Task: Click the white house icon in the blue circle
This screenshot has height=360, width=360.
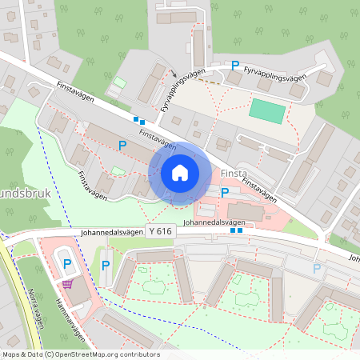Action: (179, 173)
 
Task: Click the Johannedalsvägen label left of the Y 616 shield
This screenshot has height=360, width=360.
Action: (113, 234)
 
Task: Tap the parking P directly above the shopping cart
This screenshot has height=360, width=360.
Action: (67, 263)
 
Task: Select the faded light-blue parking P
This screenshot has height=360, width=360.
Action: (318, 269)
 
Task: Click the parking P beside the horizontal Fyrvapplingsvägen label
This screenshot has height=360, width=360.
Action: (235, 66)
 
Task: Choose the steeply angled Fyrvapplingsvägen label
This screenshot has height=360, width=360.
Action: (177, 91)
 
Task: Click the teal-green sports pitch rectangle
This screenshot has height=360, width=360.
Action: (266, 110)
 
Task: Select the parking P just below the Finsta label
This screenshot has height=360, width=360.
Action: (225, 193)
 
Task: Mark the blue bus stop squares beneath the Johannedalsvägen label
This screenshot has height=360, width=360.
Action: (236, 230)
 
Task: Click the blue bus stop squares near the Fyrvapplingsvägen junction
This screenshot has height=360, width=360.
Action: (139, 120)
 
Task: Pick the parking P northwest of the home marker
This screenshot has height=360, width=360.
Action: (122, 145)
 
